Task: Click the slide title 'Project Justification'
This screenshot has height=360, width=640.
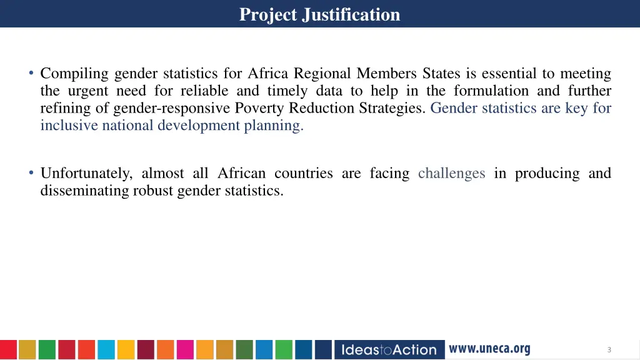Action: [x=319, y=14]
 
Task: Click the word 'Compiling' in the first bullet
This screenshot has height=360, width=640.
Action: [x=74, y=74]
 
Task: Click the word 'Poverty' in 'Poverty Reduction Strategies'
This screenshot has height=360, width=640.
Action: [x=257, y=108]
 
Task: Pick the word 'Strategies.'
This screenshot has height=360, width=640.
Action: [x=392, y=108]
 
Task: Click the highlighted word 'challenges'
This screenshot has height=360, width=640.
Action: [x=451, y=173]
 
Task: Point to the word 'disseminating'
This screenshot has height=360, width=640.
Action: [x=84, y=191]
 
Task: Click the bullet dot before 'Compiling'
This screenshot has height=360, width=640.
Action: [x=31, y=74]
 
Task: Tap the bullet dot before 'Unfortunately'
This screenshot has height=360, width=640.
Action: [x=31, y=173]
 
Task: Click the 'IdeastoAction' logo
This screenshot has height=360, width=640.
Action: [x=389, y=349]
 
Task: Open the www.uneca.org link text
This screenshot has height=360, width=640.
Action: [x=489, y=349]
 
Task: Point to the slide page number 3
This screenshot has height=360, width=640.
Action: [x=609, y=350]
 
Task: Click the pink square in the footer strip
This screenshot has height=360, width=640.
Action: [x=185, y=349]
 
